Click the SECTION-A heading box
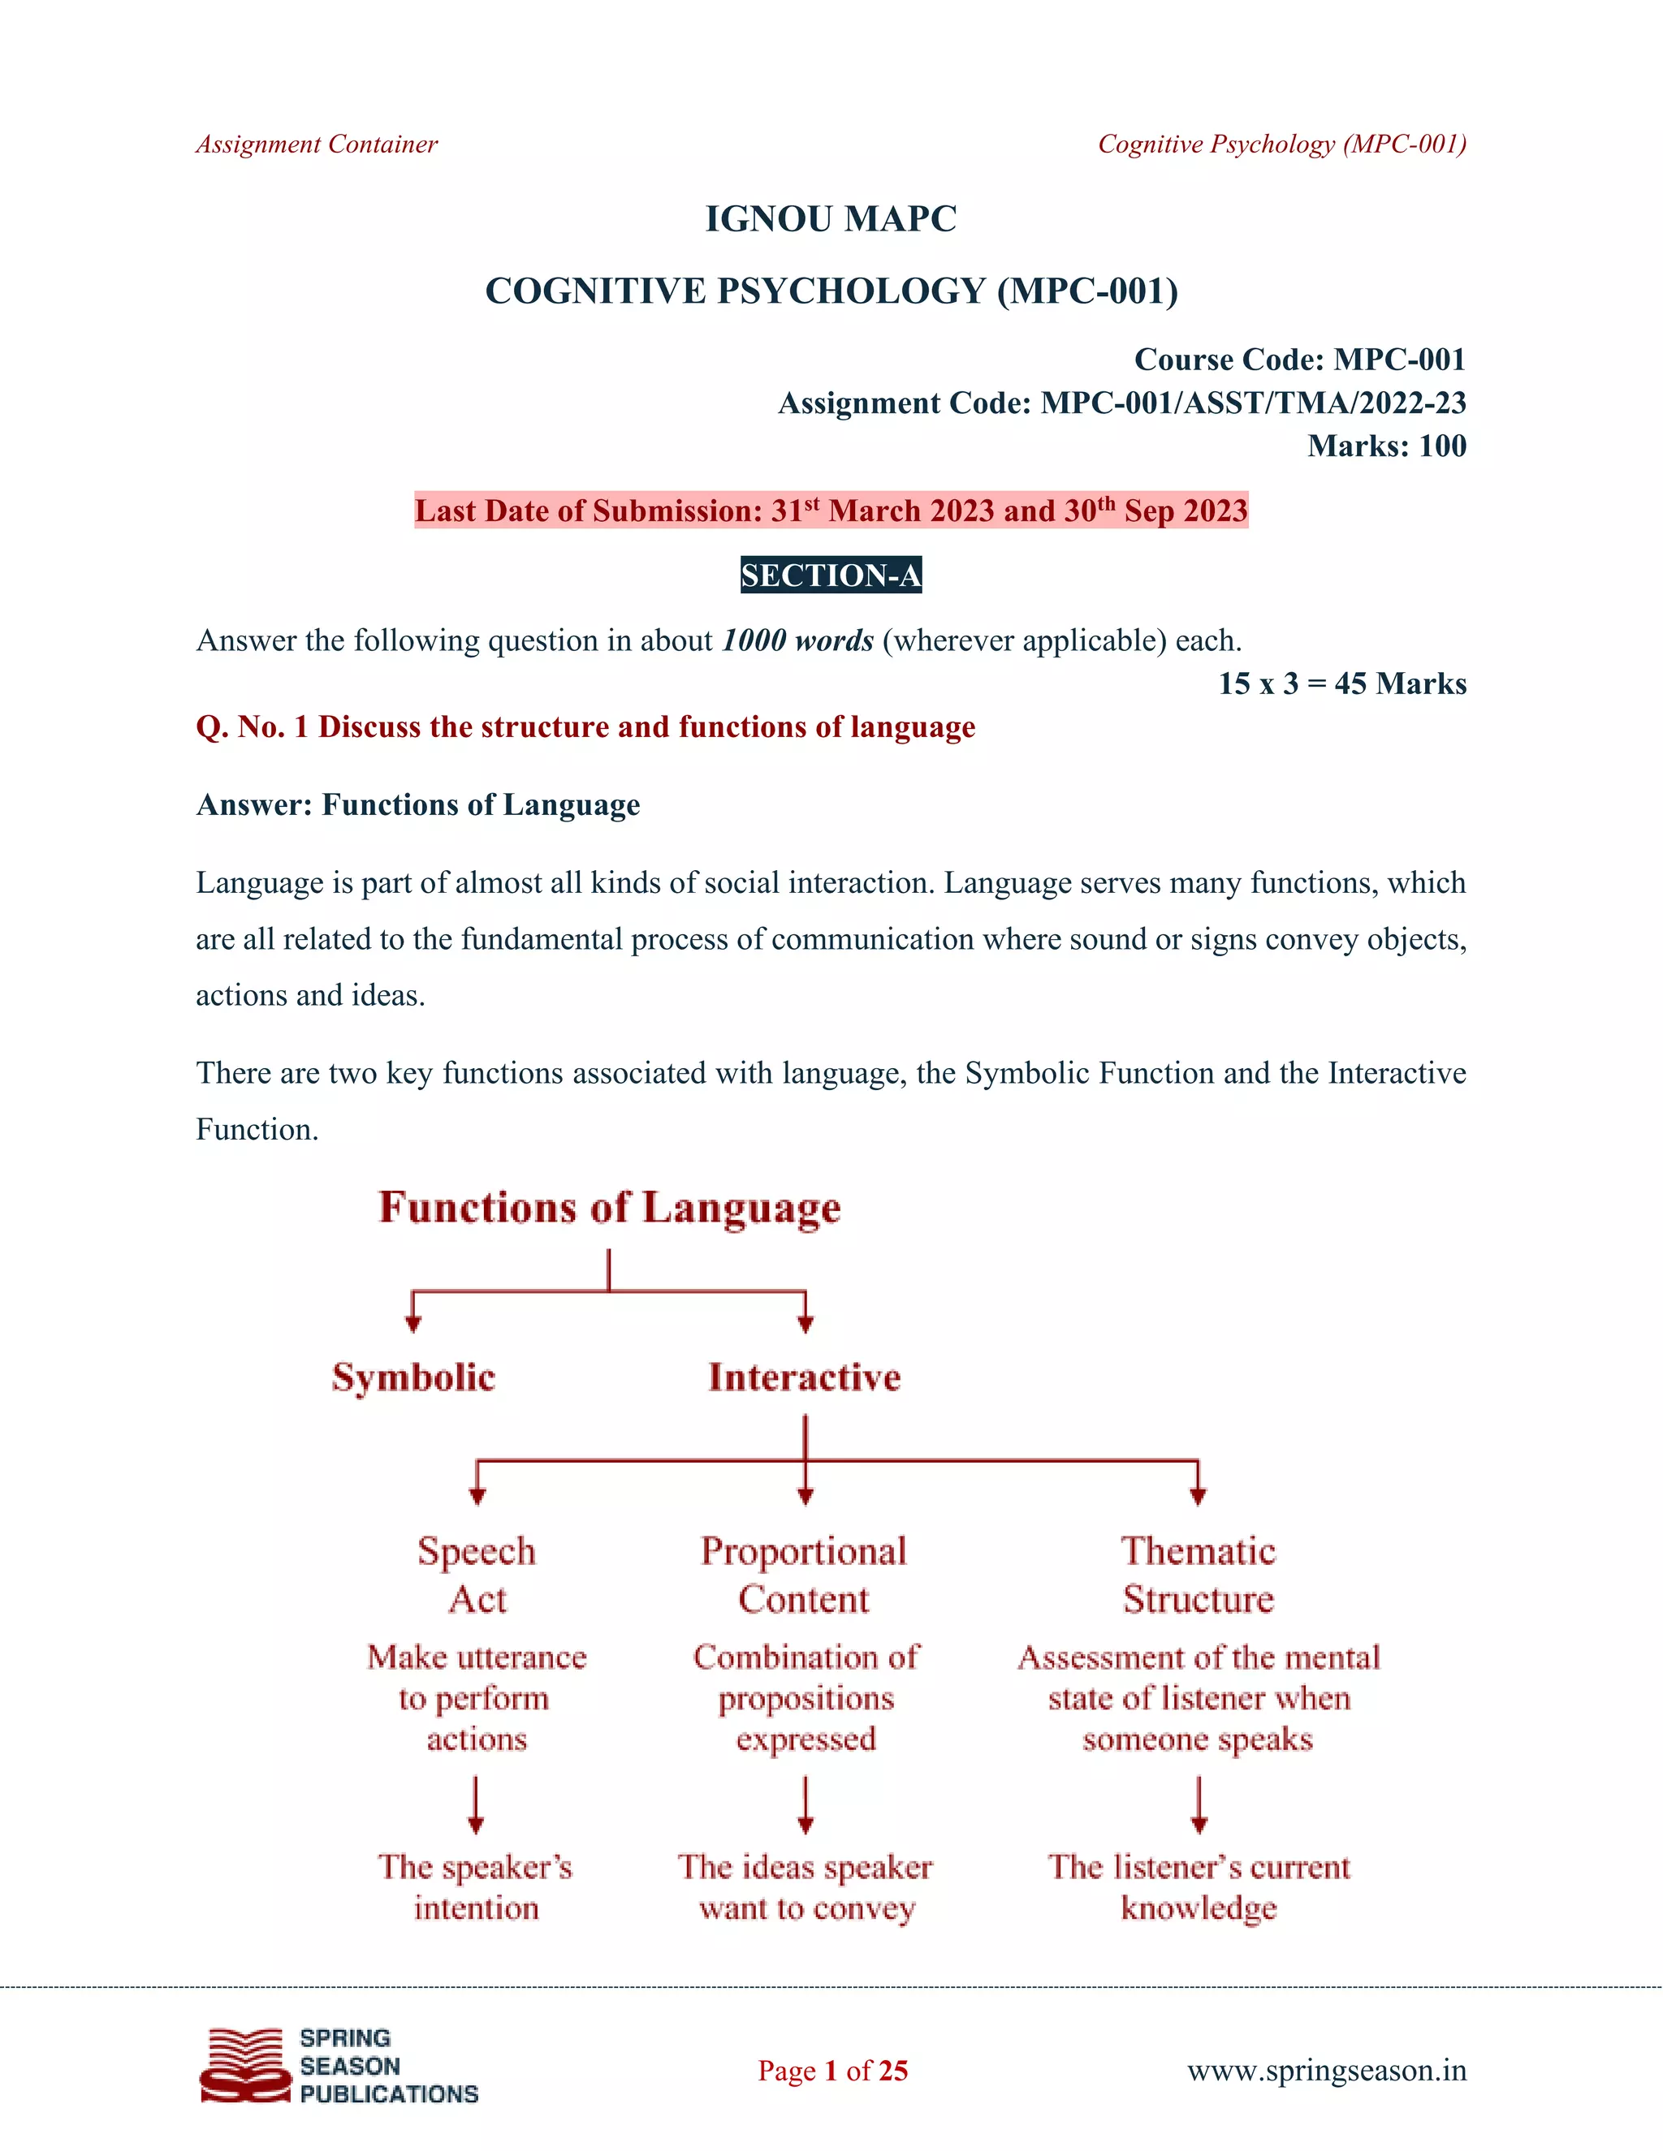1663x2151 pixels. pos(831,575)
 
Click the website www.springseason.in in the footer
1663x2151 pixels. pos(1326,2071)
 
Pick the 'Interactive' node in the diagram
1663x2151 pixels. pos(804,1377)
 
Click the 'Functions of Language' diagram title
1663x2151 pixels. pos(609,1208)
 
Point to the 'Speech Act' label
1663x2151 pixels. pos(477,1575)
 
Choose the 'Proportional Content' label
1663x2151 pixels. pos(804,1575)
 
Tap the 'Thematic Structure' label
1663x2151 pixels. pos(1198,1575)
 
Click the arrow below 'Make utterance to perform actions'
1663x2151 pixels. pos(476,1804)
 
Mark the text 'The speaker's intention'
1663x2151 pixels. pos(476,1887)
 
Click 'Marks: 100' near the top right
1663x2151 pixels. pos(1386,446)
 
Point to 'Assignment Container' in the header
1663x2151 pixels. pos(316,144)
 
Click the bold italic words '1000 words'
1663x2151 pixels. pos(797,641)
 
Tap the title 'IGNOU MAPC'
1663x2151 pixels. pos(831,218)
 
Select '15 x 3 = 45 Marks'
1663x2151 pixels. pos(1341,683)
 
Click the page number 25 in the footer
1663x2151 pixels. pos(892,2071)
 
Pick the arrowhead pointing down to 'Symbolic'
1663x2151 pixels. pos(414,1324)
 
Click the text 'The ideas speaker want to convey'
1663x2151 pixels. pos(806,1887)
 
